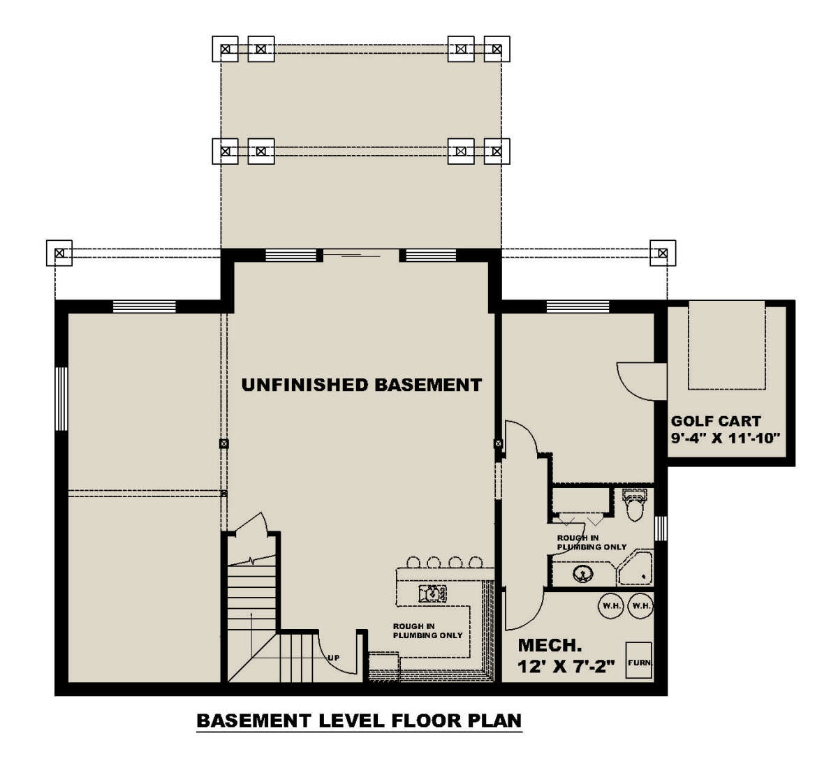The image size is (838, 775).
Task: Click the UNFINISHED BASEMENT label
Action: click(x=361, y=385)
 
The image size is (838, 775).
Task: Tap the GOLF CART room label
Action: click(x=716, y=421)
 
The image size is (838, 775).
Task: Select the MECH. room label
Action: click(x=550, y=645)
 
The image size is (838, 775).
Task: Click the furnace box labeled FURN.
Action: click(x=638, y=660)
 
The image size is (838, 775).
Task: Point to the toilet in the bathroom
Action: click(x=634, y=505)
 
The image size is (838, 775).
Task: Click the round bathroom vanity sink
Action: click(x=582, y=573)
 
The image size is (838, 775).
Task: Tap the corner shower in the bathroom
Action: click(x=635, y=568)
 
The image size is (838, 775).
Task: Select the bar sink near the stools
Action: click(x=432, y=593)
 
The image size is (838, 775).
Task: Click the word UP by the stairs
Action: click(x=333, y=658)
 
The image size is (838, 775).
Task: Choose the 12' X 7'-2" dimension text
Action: click(x=566, y=667)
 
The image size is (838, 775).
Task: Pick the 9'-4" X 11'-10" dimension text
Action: click(x=724, y=438)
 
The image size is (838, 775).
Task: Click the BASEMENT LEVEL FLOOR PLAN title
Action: click(x=359, y=720)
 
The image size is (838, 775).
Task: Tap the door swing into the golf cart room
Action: click(x=641, y=382)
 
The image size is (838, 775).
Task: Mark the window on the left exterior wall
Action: click(x=61, y=399)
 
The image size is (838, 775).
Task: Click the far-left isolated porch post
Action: click(x=59, y=253)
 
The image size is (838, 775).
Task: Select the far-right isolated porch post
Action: click(x=663, y=253)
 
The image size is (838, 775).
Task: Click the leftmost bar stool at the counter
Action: click(x=413, y=562)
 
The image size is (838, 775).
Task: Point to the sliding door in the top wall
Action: click(x=361, y=256)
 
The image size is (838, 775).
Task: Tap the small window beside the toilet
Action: click(x=661, y=529)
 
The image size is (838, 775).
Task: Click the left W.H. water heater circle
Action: click(x=611, y=606)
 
